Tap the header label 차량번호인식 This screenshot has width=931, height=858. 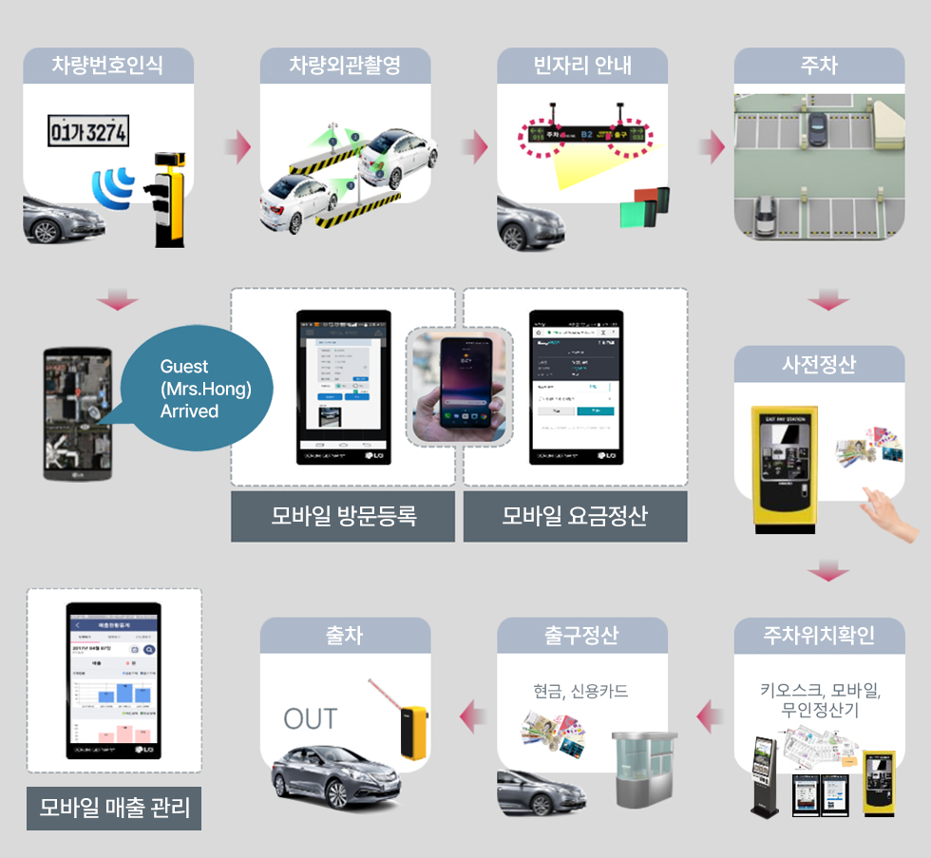pyautogui.click(x=107, y=66)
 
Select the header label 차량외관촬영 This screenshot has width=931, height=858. pyautogui.click(x=345, y=66)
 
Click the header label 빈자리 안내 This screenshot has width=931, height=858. pyautogui.click(x=582, y=66)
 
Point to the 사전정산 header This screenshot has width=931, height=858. pyautogui.click(x=819, y=364)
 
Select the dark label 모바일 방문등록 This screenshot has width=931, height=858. pyautogui.click(x=343, y=517)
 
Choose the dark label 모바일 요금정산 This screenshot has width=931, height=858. pyautogui.click(x=575, y=517)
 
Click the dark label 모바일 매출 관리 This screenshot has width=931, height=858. pyautogui.click(x=114, y=809)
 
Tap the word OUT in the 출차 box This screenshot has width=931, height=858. pyautogui.click(x=310, y=719)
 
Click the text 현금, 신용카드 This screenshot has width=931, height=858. pyautogui.click(x=581, y=691)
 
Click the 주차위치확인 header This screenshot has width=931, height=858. pyautogui.click(x=819, y=636)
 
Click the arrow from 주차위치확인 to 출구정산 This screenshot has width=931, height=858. pyautogui.click(x=709, y=716)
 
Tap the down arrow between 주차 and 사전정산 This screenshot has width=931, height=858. pyautogui.click(x=828, y=303)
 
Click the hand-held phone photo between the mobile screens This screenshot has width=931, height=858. pyautogui.click(x=459, y=386)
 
